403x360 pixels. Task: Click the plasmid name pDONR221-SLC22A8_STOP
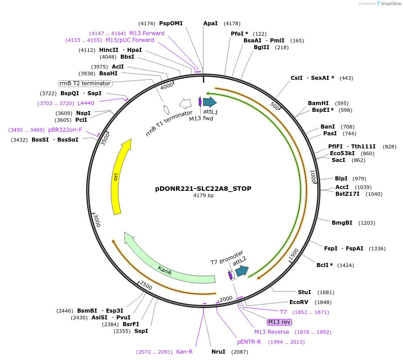[203, 189]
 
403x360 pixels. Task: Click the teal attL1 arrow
[210, 102]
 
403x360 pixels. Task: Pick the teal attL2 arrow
[242, 271]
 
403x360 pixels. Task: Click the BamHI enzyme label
[318, 103]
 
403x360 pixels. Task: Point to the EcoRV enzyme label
[298, 302]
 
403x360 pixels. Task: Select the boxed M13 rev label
[279, 322]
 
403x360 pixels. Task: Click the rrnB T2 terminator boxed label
[85, 83]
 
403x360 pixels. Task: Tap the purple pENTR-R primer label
[249, 342]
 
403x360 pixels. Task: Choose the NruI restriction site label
[218, 352]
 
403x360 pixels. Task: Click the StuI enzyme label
[305, 292]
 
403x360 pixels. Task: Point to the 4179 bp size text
[203, 196]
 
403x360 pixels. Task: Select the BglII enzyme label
[261, 47]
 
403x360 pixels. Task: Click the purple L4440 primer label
[86, 103]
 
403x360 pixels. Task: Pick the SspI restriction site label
[141, 331]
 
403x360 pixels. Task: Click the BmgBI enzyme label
[342, 223]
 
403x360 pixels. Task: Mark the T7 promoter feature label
[227, 257]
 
